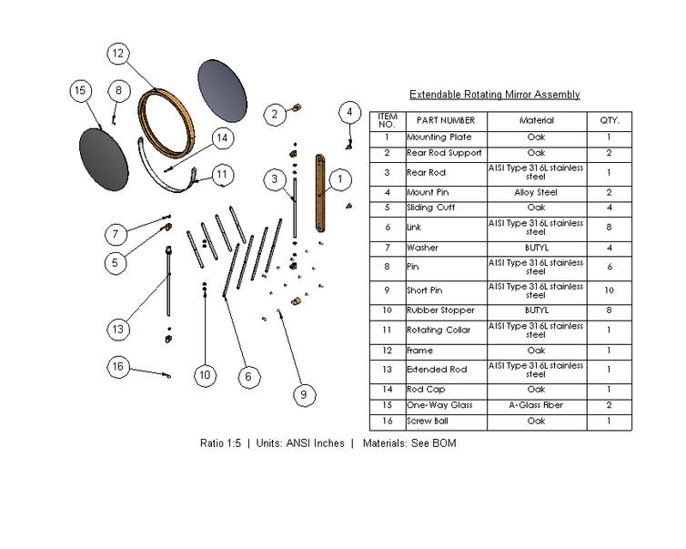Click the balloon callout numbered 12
[x=118, y=54]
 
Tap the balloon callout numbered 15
[x=80, y=90]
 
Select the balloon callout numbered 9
[x=304, y=394]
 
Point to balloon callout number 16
[x=118, y=367]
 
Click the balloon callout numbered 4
[x=349, y=112]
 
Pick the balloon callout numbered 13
[x=118, y=328]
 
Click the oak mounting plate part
[x=320, y=193]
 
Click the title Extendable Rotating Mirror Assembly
[x=494, y=95]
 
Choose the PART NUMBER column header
[x=446, y=120]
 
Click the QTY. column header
[x=609, y=120]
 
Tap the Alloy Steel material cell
[x=536, y=193]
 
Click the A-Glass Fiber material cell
[x=536, y=405]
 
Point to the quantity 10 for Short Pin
[x=609, y=290]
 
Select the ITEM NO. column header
[x=388, y=120]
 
